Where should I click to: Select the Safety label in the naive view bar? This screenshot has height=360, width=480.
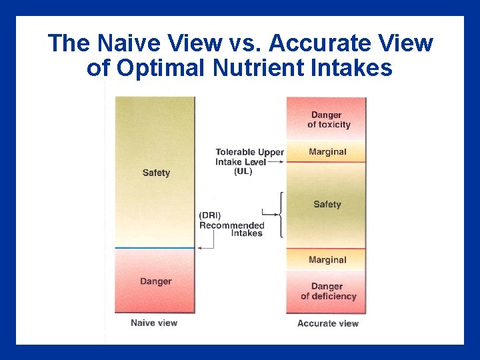pos(156,173)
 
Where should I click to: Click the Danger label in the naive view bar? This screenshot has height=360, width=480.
pos(155,281)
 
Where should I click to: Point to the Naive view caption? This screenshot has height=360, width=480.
pos(154,323)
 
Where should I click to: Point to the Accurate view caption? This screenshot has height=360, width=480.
pos(327,323)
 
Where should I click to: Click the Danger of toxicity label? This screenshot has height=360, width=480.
pos(328,120)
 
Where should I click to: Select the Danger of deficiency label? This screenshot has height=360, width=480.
pos(328,291)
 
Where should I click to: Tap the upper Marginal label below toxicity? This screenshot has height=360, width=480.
pos(327,152)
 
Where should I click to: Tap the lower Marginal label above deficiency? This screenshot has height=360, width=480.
pos(327,260)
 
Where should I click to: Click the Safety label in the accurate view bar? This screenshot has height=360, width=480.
pos(327,205)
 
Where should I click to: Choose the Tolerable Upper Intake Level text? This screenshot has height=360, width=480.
pos(249,157)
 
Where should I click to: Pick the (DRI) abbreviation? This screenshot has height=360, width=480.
pos(211,215)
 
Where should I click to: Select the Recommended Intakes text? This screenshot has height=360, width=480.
pos(233,229)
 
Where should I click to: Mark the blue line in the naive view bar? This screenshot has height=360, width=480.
pos(155,248)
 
